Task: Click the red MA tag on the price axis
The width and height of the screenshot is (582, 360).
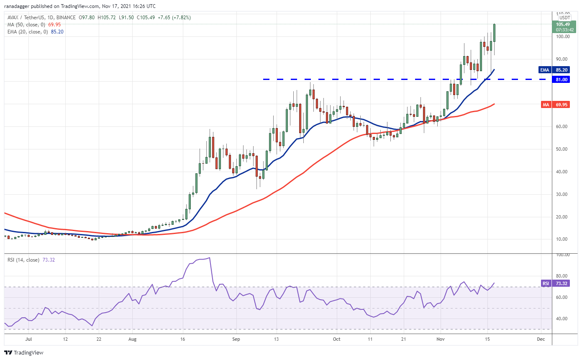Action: click(x=546, y=105)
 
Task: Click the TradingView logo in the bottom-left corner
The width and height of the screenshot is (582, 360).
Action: click(x=24, y=352)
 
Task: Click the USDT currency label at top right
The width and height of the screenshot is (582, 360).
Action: click(x=564, y=18)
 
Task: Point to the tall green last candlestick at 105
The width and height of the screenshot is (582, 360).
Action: click(x=495, y=33)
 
